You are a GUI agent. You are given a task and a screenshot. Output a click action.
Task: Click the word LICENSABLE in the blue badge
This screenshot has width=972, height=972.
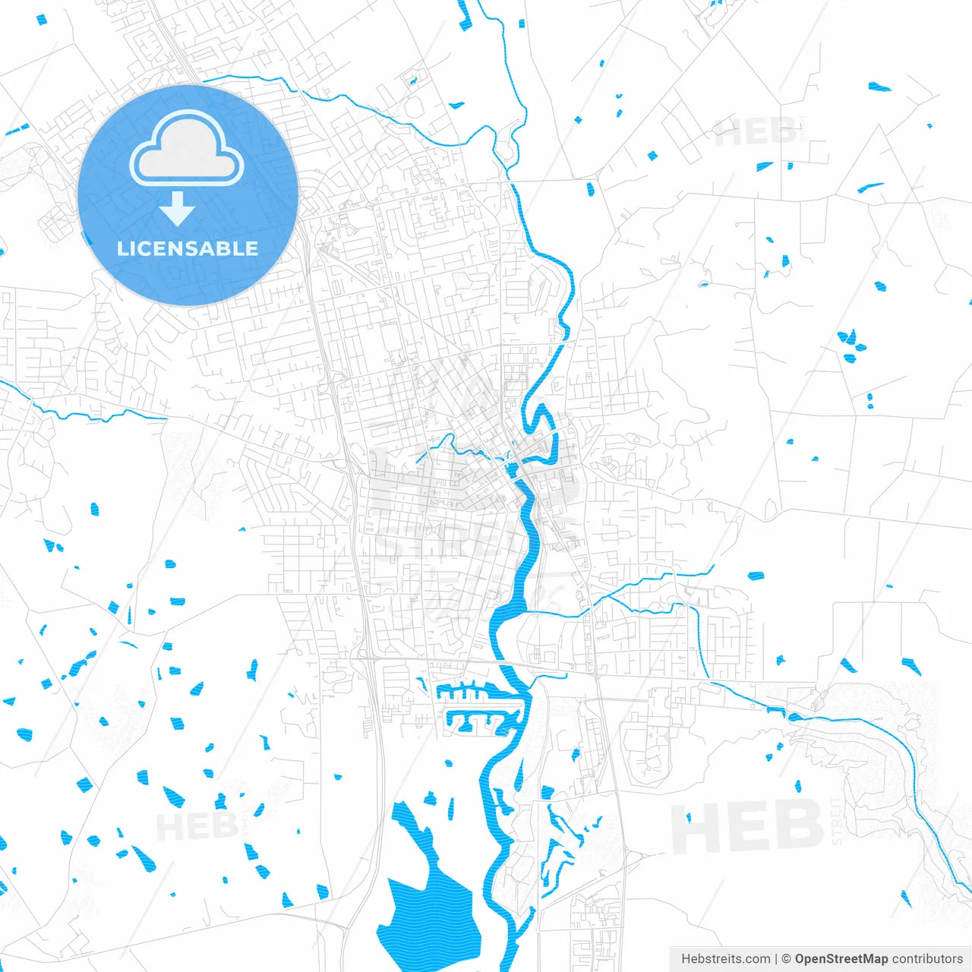pyautogui.click(x=188, y=249)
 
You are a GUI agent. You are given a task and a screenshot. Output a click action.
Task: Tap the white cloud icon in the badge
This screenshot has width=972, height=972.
pyautogui.click(x=187, y=149)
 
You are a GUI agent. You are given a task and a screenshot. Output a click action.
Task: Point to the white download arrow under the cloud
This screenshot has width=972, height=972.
pyautogui.click(x=178, y=209)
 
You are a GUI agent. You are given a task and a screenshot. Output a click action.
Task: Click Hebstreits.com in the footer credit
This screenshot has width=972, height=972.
pyautogui.click(x=725, y=959)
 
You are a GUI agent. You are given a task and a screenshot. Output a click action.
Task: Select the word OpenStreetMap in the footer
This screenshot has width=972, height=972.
pyautogui.click(x=841, y=959)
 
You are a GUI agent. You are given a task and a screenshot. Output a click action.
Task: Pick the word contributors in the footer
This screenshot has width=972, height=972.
pyautogui.click(x=926, y=959)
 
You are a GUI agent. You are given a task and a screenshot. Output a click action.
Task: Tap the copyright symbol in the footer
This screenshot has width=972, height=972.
pyautogui.click(x=786, y=959)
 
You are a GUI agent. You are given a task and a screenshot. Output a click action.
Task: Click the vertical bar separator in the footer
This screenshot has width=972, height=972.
pyautogui.click(x=776, y=959)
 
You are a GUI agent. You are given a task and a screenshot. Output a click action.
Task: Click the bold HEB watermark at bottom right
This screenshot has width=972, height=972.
pyautogui.click(x=748, y=828)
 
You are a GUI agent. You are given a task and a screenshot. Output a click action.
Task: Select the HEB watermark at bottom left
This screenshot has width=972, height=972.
pyautogui.click(x=194, y=826)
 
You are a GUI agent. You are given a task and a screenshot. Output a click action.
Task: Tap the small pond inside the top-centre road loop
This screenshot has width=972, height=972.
pyautogui.click(x=414, y=78)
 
